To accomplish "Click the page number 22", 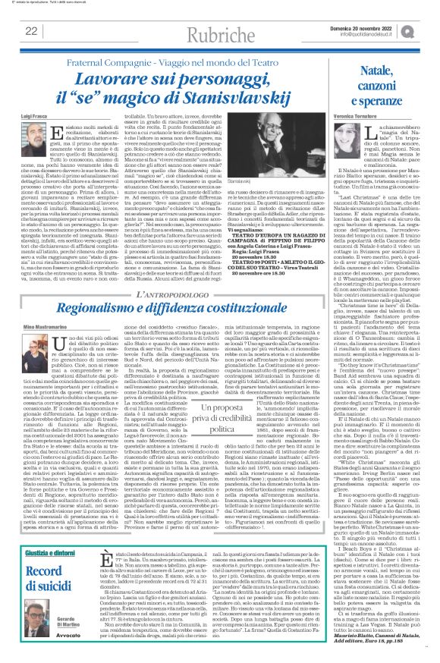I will click(x=31, y=30).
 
